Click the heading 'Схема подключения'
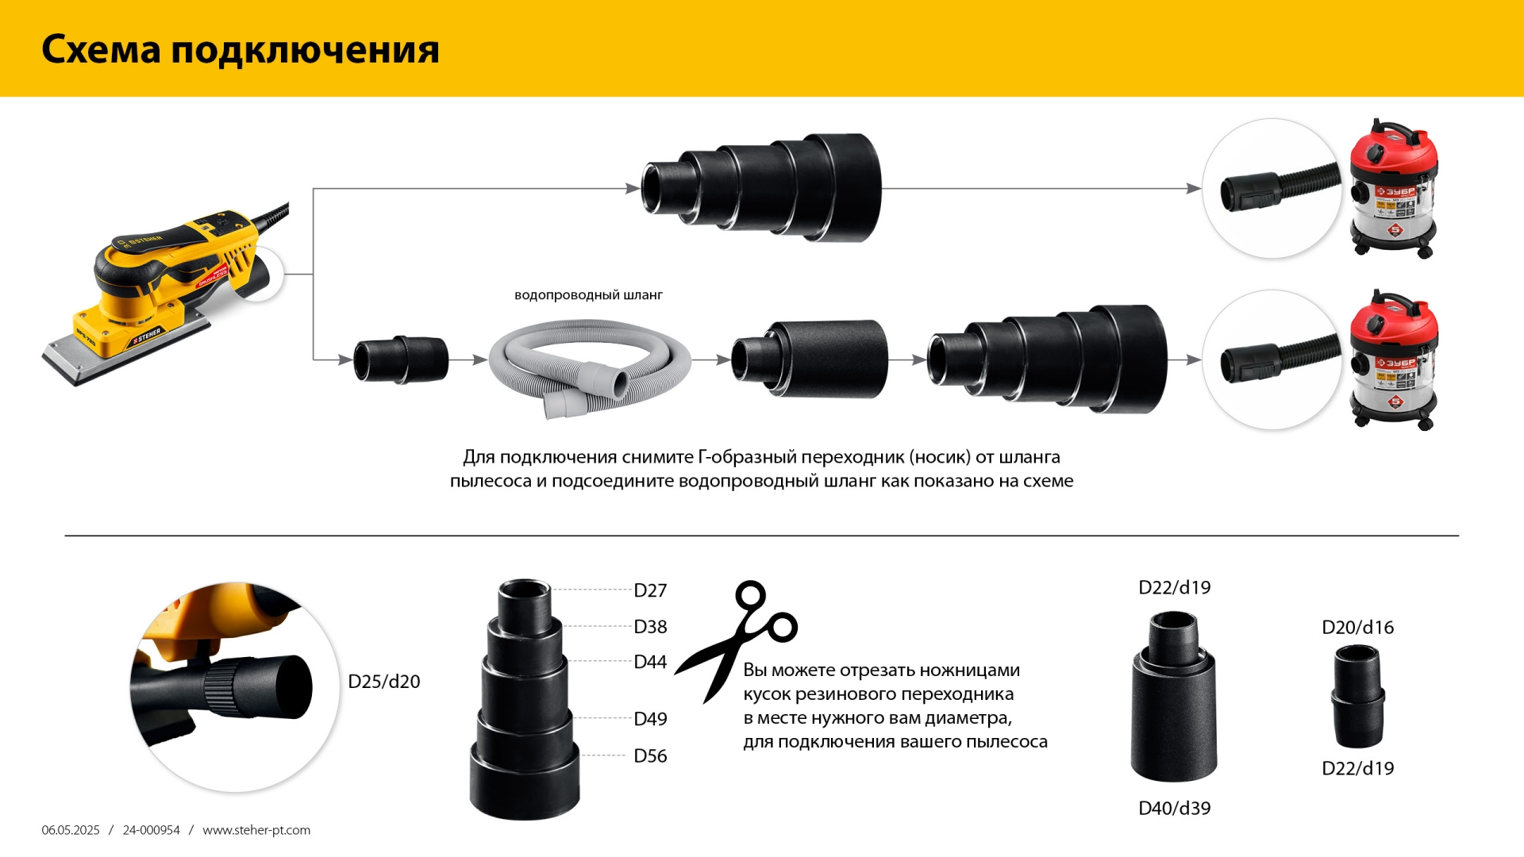(240, 49)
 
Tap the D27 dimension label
(649, 590)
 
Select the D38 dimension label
(649, 627)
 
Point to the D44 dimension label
(649, 662)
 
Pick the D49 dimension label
(649, 719)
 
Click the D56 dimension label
(649, 755)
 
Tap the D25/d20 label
(383, 682)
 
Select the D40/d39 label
(1174, 808)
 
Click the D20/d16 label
(1357, 628)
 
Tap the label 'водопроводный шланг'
(588, 295)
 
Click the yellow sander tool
(159, 294)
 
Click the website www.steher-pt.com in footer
(256, 830)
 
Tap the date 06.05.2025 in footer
(71, 830)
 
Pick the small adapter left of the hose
(401, 359)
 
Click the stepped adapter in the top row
(762, 188)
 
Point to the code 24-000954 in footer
(151, 830)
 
